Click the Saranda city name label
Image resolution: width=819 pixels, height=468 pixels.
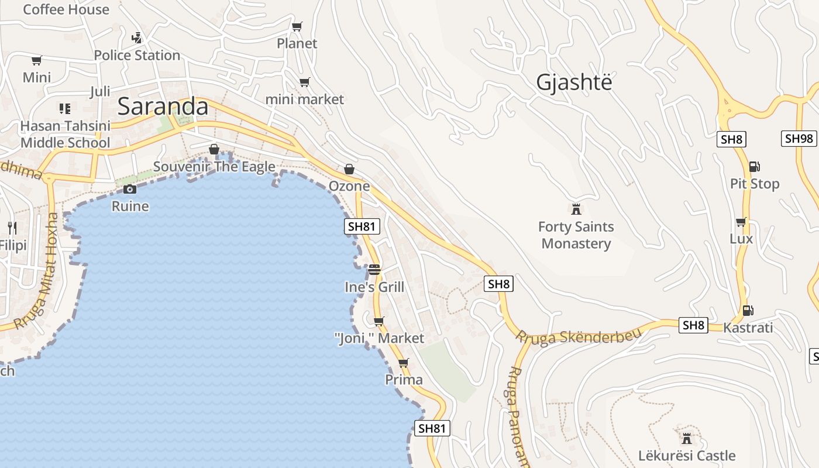point(163,106)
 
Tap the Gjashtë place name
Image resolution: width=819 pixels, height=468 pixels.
point(574,82)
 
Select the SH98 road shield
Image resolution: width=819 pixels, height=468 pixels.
point(799,139)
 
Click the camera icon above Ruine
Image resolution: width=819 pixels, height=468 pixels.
point(130,189)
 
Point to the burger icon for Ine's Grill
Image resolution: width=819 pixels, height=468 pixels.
point(374,270)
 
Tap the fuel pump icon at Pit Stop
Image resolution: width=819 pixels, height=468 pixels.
point(755,167)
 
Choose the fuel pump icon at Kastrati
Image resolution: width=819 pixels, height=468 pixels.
point(747,311)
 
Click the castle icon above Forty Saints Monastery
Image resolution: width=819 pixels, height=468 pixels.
point(576,209)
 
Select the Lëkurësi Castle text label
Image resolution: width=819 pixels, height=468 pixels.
point(687,456)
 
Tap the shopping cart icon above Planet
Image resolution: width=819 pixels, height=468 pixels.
point(297,26)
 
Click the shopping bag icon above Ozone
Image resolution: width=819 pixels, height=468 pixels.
point(349,169)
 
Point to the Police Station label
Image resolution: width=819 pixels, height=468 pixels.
point(137,55)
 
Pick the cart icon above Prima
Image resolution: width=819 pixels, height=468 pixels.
point(403,363)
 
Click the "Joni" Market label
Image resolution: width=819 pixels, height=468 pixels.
point(379,338)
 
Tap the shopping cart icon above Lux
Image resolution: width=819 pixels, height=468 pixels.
point(741,222)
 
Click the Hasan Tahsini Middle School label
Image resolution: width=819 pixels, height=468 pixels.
point(65,135)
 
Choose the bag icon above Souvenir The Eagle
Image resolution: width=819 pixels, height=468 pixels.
point(214,149)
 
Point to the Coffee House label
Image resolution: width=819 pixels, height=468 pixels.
point(66,9)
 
